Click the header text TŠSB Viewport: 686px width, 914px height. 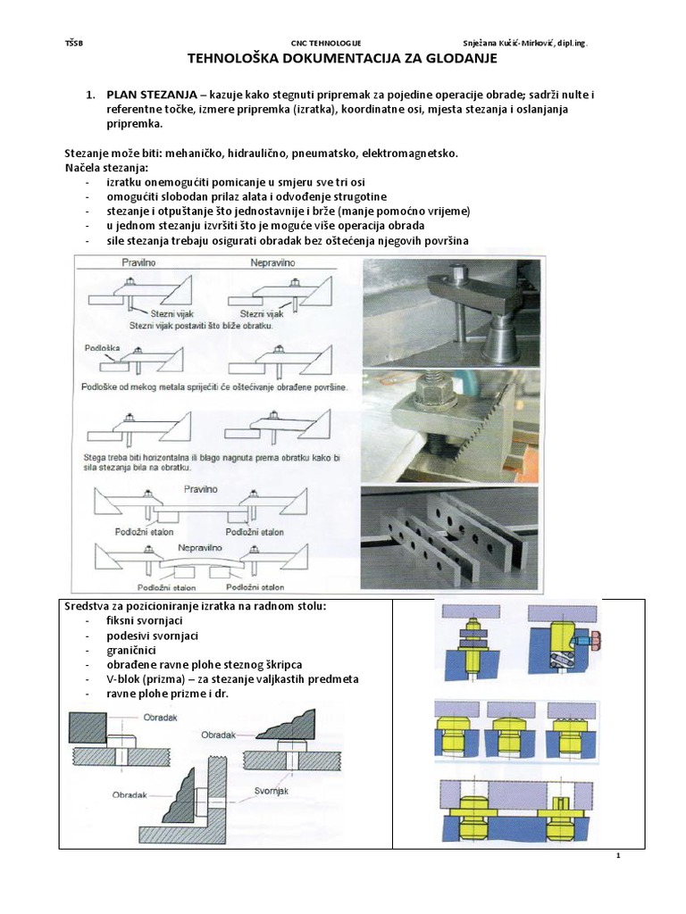tap(73, 43)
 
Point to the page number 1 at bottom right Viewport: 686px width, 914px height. tap(617, 857)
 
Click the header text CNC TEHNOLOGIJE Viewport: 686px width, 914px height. tap(326, 43)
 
